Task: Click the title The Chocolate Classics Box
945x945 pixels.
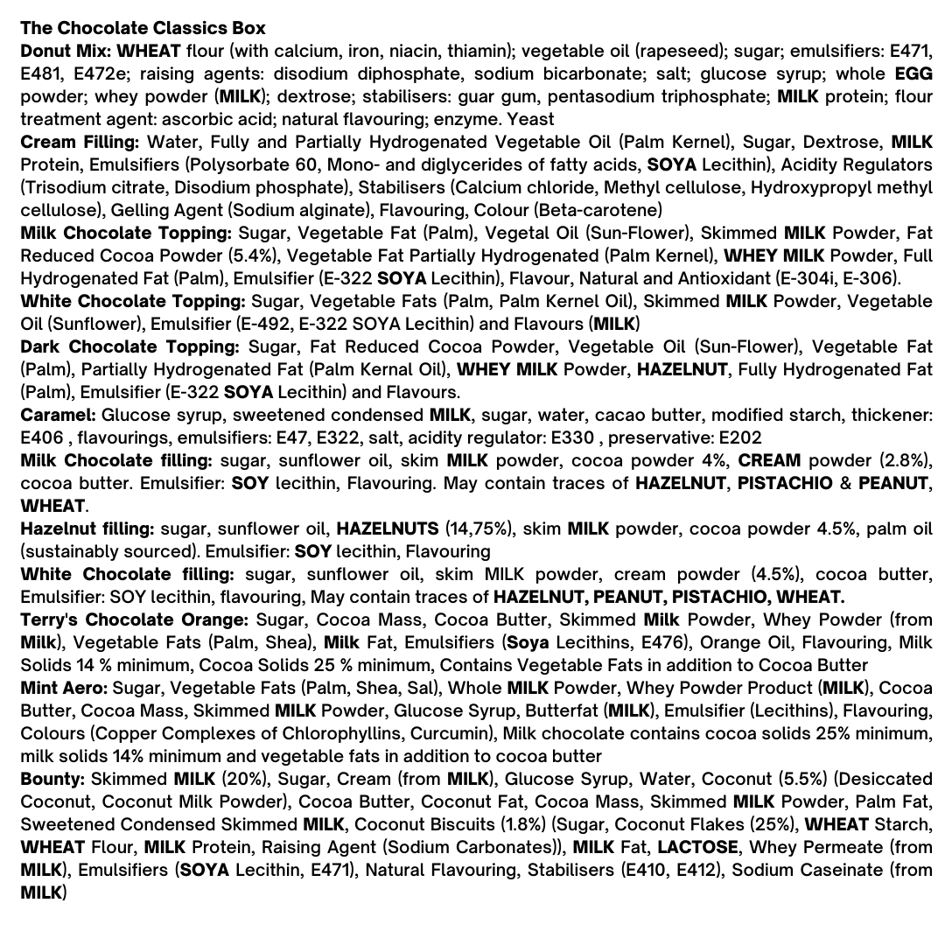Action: (x=143, y=28)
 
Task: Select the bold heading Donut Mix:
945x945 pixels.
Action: (x=65, y=51)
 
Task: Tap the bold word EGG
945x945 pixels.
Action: (x=913, y=73)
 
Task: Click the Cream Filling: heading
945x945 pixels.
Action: (x=80, y=142)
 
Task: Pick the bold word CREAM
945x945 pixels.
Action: (x=769, y=460)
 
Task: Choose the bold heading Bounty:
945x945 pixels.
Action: (x=52, y=779)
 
